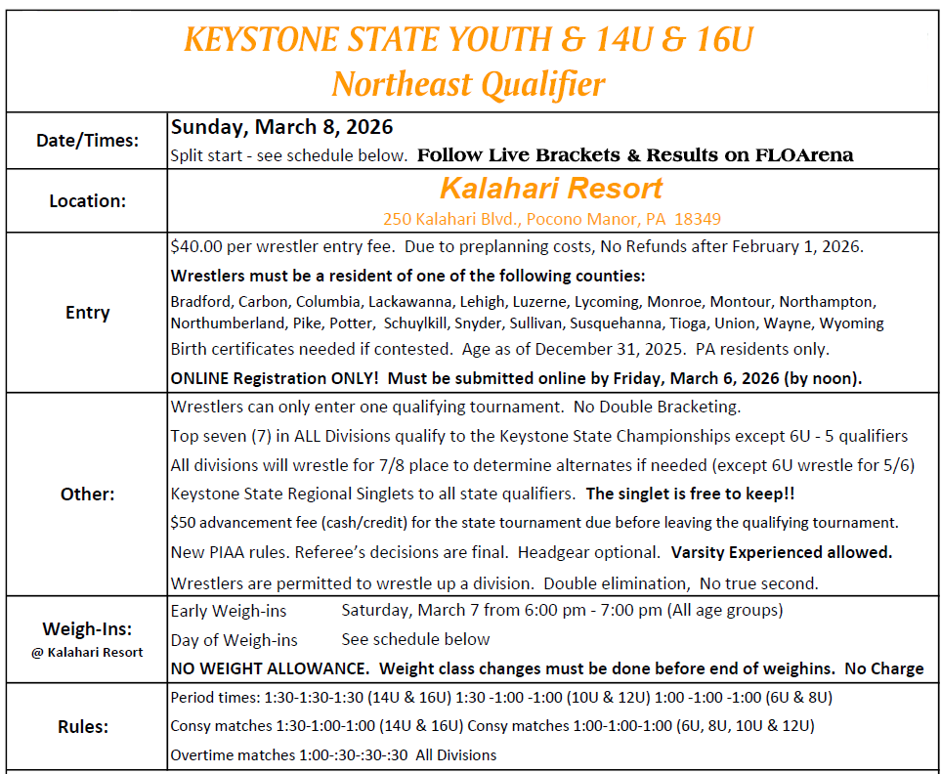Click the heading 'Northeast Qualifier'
468,84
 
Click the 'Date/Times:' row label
87,140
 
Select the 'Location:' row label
87,201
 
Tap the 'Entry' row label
87,313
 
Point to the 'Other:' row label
87,494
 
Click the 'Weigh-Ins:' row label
87,627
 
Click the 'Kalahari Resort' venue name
551,188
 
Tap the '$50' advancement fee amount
183,523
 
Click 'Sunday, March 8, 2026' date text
281,127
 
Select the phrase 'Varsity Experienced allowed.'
782,552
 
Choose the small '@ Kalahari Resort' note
87,652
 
